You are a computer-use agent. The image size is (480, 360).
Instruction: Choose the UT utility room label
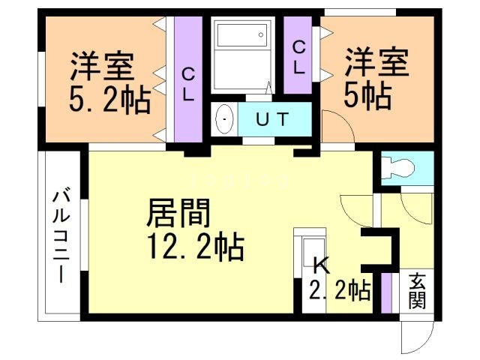(x=274, y=118)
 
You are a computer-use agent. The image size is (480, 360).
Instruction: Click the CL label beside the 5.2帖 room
(x=189, y=84)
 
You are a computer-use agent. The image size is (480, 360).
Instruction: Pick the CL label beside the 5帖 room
(x=299, y=57)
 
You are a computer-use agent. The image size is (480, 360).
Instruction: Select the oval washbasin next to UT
(x=223, y=118)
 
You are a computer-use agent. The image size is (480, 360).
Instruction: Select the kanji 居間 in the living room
(x=177, y=213)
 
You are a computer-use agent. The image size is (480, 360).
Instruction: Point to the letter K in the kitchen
(x=321, y=264)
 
